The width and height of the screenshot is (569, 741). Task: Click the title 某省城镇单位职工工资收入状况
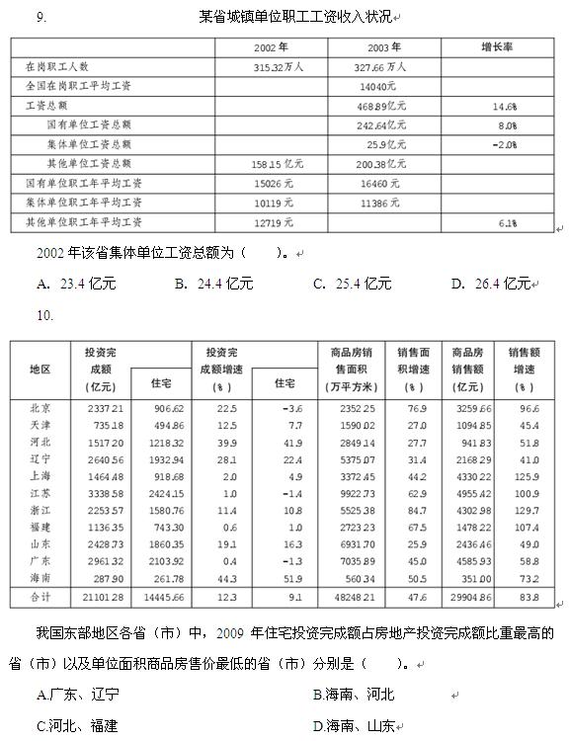tap(293, 17)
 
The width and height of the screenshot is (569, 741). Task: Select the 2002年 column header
tap(271, 46)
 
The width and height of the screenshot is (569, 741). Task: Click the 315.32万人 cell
tap(278, 66)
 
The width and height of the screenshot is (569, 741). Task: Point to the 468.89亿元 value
tap(383, 105)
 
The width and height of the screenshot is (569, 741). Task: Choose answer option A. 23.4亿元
tap(76, 284)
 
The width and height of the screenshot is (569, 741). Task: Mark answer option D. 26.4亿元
tap(491, 284)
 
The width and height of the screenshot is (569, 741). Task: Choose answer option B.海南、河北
tap(353, 695)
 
